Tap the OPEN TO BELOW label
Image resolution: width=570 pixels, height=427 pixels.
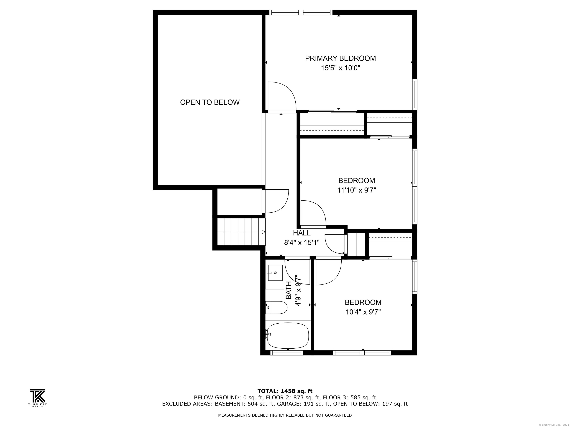210,102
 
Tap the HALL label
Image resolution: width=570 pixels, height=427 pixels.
302,233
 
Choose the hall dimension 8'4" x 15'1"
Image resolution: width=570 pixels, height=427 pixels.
302,242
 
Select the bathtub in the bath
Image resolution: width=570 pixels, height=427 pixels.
288,336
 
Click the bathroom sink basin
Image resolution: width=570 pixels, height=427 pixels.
275,273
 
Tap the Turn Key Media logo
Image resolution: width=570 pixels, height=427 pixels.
38,397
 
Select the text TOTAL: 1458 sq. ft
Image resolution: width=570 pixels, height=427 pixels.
285,391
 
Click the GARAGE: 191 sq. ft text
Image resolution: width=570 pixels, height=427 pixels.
304,404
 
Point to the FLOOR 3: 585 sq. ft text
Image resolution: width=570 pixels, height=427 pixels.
349,398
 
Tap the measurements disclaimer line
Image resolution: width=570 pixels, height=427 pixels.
285,415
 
